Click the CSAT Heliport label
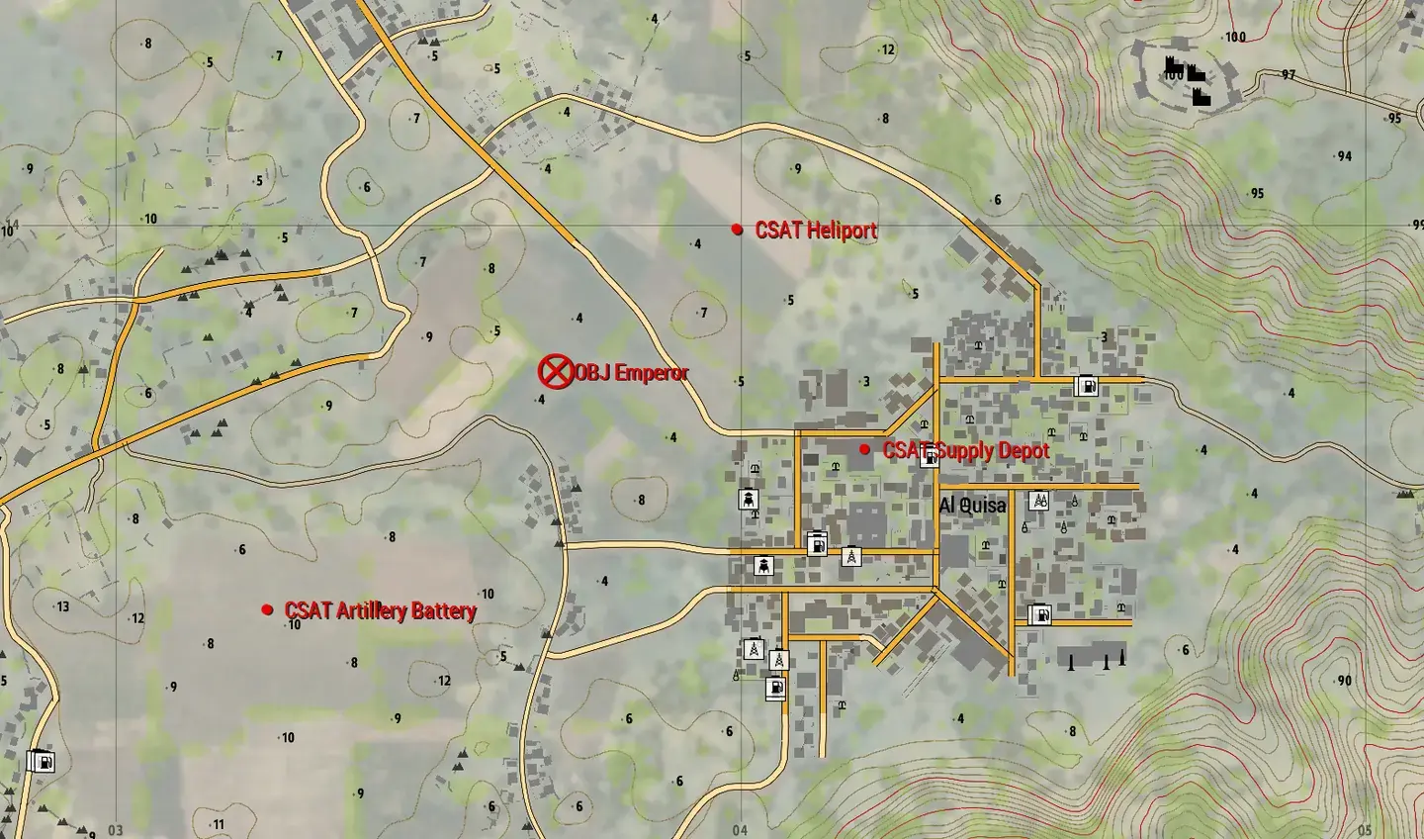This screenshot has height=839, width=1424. (x=816, y=231)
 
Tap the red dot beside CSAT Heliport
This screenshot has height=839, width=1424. (x=737, y=230)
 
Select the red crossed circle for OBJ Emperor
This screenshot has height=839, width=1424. (x=555, y=372)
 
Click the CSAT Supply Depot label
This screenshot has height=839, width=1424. (x=966, y=450)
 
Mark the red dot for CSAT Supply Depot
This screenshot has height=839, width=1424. (x=865, y=449)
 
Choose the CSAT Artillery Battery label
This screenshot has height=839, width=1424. (x=381, y=610)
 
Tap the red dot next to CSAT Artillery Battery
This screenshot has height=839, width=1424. (x=267, y=609)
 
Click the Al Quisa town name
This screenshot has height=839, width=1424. (x=972, y=506)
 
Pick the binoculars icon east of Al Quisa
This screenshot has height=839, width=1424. (x=1038, y=501)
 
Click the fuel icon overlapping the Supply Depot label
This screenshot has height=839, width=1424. (x=929, y=457)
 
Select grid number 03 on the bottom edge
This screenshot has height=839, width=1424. (x=116, y=830)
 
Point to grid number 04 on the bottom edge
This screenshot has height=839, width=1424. (x=740, y=830)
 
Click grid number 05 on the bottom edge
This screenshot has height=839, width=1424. (x=1365, y=830)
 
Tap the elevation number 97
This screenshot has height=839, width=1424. (x=1288, y=75)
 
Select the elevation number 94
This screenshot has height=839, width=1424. (x=1343, y=156)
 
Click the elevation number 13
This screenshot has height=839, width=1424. (x=63, y=606)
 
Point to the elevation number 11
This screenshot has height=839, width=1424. (x=219, y=824)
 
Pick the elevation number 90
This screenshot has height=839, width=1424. (x=1344, y=681)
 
